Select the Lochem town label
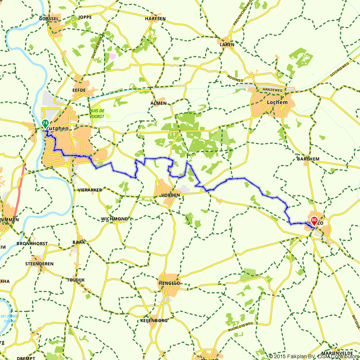[x=277, y=102]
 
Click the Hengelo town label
[x=169, y=283]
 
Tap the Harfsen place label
[x=155, y=18]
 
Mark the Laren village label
[x=228, y=45]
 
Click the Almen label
[x=158, y=103]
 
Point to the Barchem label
[x=308, y=159]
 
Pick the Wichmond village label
[x=114, y=219]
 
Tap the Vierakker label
[x=90, y=190]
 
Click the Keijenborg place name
[x=154, y=320]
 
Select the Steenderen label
[x=39, y=264]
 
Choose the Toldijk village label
[x=76, y=280]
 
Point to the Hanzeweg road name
[x=271, y=89]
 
